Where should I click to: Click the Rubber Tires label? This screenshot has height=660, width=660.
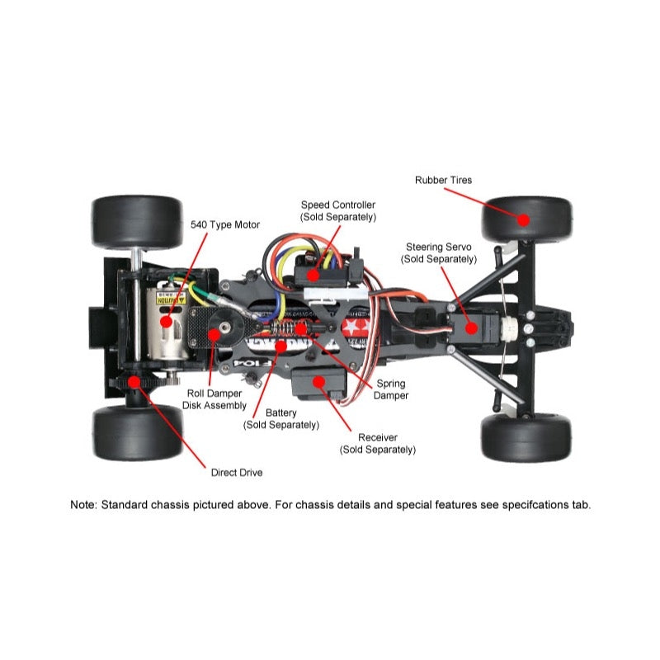(444, 180)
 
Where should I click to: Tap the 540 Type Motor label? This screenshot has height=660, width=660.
(225, 224)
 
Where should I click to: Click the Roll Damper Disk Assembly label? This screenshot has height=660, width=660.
(214, 399)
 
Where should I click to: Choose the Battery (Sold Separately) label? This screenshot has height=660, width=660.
(280, 419)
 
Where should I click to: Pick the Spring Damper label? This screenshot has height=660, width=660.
(391, 389)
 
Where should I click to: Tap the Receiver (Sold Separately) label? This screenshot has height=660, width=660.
(378, 443)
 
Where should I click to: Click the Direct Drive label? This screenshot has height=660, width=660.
(237, 473)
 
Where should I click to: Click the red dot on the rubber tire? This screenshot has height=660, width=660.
(523, 219)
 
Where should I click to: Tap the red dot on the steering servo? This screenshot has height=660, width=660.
(471, 327)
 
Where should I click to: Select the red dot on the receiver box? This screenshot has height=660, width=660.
(316, 382)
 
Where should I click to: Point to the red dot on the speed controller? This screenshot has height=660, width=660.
(313, 275)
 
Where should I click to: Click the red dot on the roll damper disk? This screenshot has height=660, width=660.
(214, 334)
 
